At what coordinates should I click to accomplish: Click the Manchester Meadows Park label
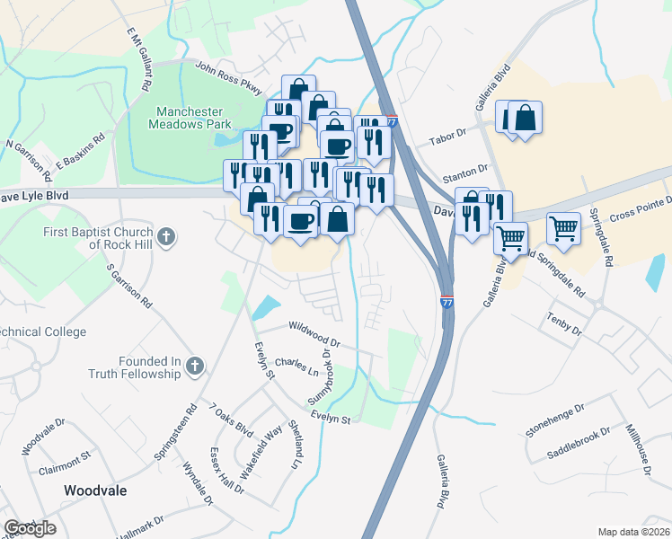[194, 118]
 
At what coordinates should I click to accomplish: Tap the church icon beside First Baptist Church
[164, 237]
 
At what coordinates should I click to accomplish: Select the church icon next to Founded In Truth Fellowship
[194, 366]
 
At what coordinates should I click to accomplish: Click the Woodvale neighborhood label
[94, 490]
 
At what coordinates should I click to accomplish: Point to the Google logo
[30, 528]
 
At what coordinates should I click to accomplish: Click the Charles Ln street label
[296, 368]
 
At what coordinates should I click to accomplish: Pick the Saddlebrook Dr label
[580, 443]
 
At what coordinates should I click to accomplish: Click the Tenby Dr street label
[564, 325]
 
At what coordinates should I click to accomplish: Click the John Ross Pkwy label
[227, 78]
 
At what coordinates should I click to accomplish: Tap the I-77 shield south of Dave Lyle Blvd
[447, 304]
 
